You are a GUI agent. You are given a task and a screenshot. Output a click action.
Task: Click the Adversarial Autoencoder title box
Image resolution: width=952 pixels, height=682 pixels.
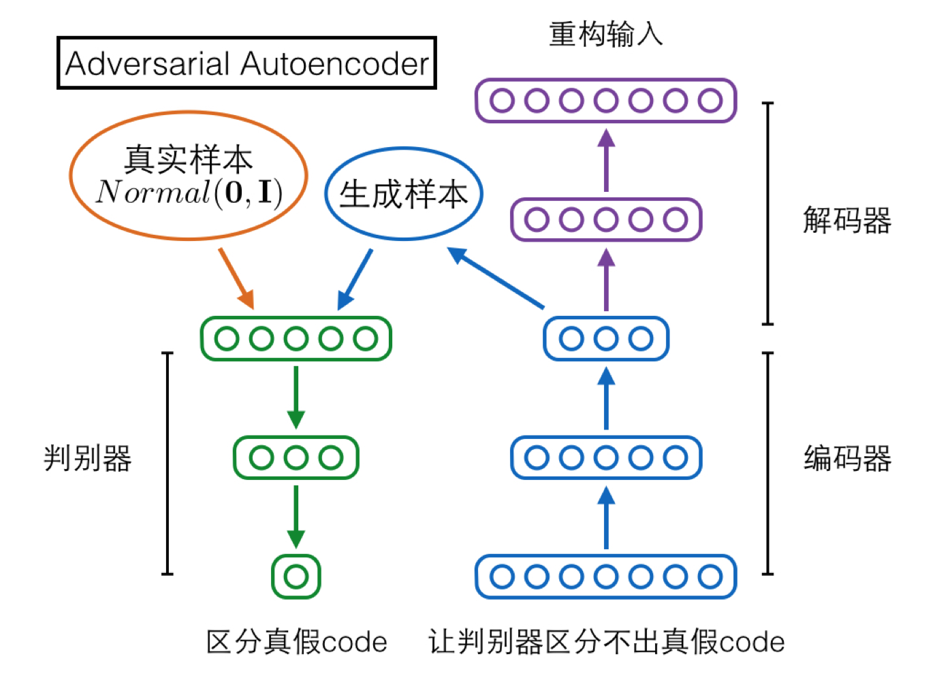(x=247, y=63)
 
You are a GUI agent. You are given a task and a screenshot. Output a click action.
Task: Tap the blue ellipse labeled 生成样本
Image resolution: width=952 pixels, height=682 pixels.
(x=404, y=194)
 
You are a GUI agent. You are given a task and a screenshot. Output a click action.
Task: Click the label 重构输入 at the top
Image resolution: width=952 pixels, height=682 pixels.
(x=605, y=34)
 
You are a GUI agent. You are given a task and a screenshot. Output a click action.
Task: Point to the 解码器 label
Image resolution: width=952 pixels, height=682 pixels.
(x=846, y=221)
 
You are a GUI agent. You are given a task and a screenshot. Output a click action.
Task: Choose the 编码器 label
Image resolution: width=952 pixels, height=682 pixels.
(x=847, y=458)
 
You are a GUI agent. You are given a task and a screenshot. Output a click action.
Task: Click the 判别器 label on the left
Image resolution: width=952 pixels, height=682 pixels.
(x=88, y=458)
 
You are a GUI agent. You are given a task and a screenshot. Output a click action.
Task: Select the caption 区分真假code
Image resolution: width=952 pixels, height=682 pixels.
(x=296, y=642)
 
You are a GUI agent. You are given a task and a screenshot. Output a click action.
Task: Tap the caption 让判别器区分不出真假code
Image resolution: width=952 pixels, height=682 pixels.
(x=606, y=642)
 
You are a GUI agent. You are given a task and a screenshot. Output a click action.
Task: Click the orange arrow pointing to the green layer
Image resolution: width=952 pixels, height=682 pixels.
(x=237, y=278)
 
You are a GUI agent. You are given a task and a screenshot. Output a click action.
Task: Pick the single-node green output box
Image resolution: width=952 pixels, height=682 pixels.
(x=296, y=577)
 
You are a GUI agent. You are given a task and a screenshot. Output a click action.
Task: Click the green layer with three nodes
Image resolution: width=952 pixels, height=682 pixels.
(x=296, y=458)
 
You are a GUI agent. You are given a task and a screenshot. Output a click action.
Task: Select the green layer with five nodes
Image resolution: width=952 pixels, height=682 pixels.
(x=296, y=338)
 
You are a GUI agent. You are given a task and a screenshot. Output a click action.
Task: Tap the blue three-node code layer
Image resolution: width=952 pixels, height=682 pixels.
(x=606, y=338)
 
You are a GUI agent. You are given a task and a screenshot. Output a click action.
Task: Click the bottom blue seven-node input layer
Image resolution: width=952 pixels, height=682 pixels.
(x=606, y=577)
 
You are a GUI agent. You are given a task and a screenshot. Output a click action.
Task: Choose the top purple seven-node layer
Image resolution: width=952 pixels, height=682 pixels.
(x=606, y=101)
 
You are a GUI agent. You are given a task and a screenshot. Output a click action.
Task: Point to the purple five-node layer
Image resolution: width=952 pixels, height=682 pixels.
(x=606, y=220)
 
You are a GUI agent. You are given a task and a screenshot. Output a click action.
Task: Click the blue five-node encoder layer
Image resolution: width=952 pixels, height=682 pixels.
(x=606, y=458)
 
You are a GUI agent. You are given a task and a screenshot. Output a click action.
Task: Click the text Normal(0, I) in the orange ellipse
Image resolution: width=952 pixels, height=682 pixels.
(x=189, y=193)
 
